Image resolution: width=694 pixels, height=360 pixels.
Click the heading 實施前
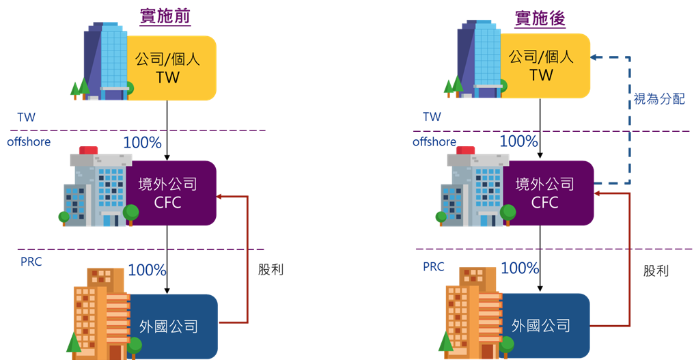click(165, 18)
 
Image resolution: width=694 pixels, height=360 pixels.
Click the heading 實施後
click(540, 18)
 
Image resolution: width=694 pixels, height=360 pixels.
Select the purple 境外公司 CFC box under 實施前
click(171, 193)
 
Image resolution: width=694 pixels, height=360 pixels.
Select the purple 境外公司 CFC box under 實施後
click(546, 193)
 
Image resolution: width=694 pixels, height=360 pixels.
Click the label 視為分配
click(658, 100)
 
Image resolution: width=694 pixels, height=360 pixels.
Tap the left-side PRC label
click(31, 262)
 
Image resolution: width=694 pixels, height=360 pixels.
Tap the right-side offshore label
click(434, 142)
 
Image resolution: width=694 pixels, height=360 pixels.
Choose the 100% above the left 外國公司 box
click(147, 270)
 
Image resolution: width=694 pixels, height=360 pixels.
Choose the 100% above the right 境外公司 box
click(518, 141)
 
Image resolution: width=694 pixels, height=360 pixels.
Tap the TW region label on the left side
click(27, 117)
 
